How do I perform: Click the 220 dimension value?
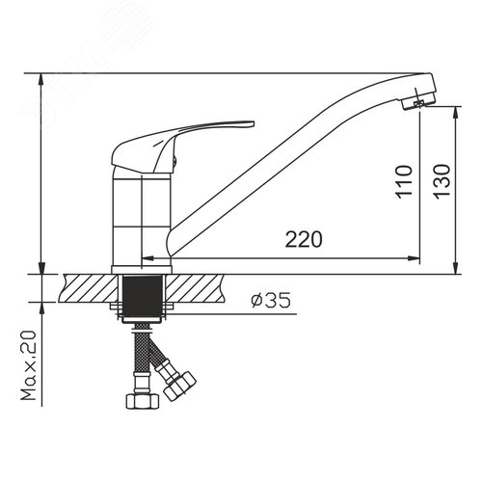coord(304,239)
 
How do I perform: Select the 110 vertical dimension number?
coord(404,181)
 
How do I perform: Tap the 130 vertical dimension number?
coord(442,181)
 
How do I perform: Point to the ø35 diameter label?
coord(271,300)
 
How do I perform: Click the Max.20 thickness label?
coord(28,364)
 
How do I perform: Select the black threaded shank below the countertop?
coord(143,296)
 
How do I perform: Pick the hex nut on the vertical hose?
coord(143,401)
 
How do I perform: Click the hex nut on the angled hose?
coord(179,386)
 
